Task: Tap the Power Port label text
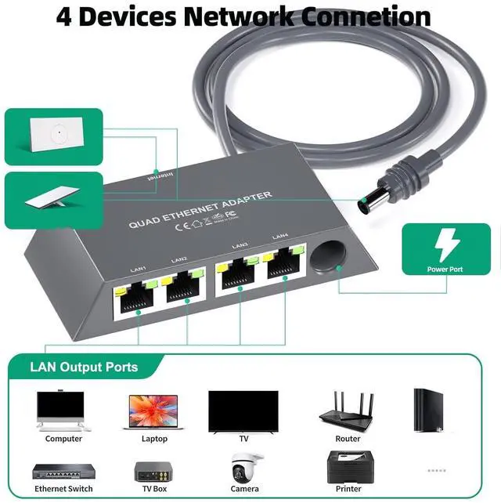[x=445, y=270]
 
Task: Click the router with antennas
[x=348, y=410]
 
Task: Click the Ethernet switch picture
[x=63, y=471]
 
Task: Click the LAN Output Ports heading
[x=84, y=367]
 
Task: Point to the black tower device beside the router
[x=431, y=411]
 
